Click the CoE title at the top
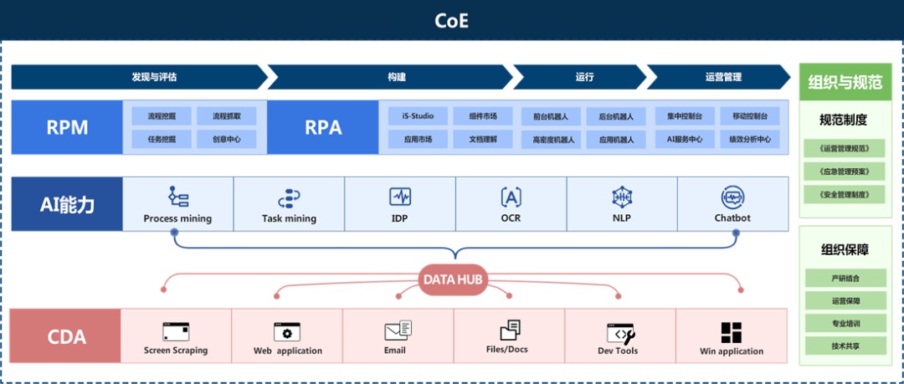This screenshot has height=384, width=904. [451, 20]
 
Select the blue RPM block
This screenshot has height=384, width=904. [67, 127]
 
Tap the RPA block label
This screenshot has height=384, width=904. [323, 127]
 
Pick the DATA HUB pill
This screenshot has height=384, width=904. [453, 279]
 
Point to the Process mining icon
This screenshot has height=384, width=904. [177, 197]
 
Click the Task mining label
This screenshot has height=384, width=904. [289, 219]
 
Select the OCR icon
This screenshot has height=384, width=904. [511, 197]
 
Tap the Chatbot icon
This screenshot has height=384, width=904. [732, 197]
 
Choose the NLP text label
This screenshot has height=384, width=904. [621, 218]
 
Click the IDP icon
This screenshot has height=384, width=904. [400, 197]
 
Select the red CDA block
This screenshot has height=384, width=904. [67, 336]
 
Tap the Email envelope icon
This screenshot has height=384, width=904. [398, 330]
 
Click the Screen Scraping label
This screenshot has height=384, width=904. [176, 351]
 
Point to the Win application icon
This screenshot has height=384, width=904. [732, 332]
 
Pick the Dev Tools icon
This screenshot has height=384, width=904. [619, 332]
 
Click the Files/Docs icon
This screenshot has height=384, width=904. [510, 330]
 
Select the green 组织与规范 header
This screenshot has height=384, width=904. [845, 82]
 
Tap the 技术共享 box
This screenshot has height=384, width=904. [845, 345]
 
